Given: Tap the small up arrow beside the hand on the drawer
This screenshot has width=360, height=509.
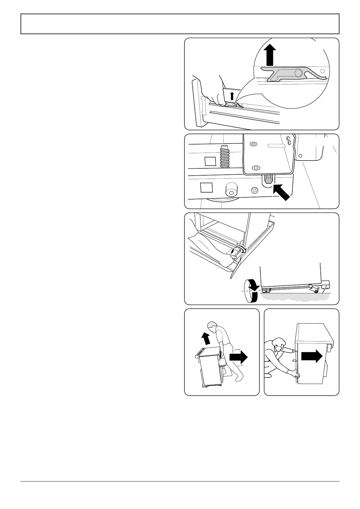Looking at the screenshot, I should tap(232, 96).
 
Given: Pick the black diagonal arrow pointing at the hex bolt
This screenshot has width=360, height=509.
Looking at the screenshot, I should tap(282, 193).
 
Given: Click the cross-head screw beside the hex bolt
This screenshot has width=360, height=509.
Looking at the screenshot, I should tap(255, 190).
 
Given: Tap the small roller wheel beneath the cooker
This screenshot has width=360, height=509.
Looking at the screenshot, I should tap(316, 290).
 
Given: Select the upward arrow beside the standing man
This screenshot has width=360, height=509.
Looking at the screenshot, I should tap(206, 338).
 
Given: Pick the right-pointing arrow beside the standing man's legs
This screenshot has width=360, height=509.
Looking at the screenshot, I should tap(238, 357).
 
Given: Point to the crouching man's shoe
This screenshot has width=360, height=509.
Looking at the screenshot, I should tap(268, 376).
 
